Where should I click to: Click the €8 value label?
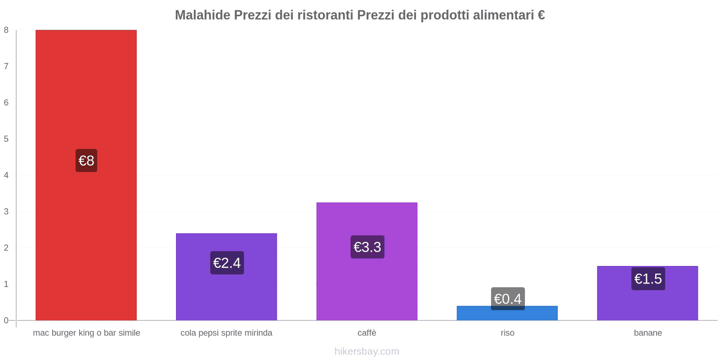86,161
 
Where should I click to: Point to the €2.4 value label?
227,263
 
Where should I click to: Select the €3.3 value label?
367,247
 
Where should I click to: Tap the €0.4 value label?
508,298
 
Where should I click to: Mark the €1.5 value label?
648,279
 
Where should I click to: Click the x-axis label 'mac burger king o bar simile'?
86,333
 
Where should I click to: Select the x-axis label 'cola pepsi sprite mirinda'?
226,333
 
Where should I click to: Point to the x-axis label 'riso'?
508,333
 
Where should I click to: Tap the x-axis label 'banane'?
648,333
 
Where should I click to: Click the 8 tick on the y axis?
6,30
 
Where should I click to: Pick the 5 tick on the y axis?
6,139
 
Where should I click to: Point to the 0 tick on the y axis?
6,320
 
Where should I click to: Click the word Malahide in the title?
202,15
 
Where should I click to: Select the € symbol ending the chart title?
541,15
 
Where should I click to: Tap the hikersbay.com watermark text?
367,351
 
